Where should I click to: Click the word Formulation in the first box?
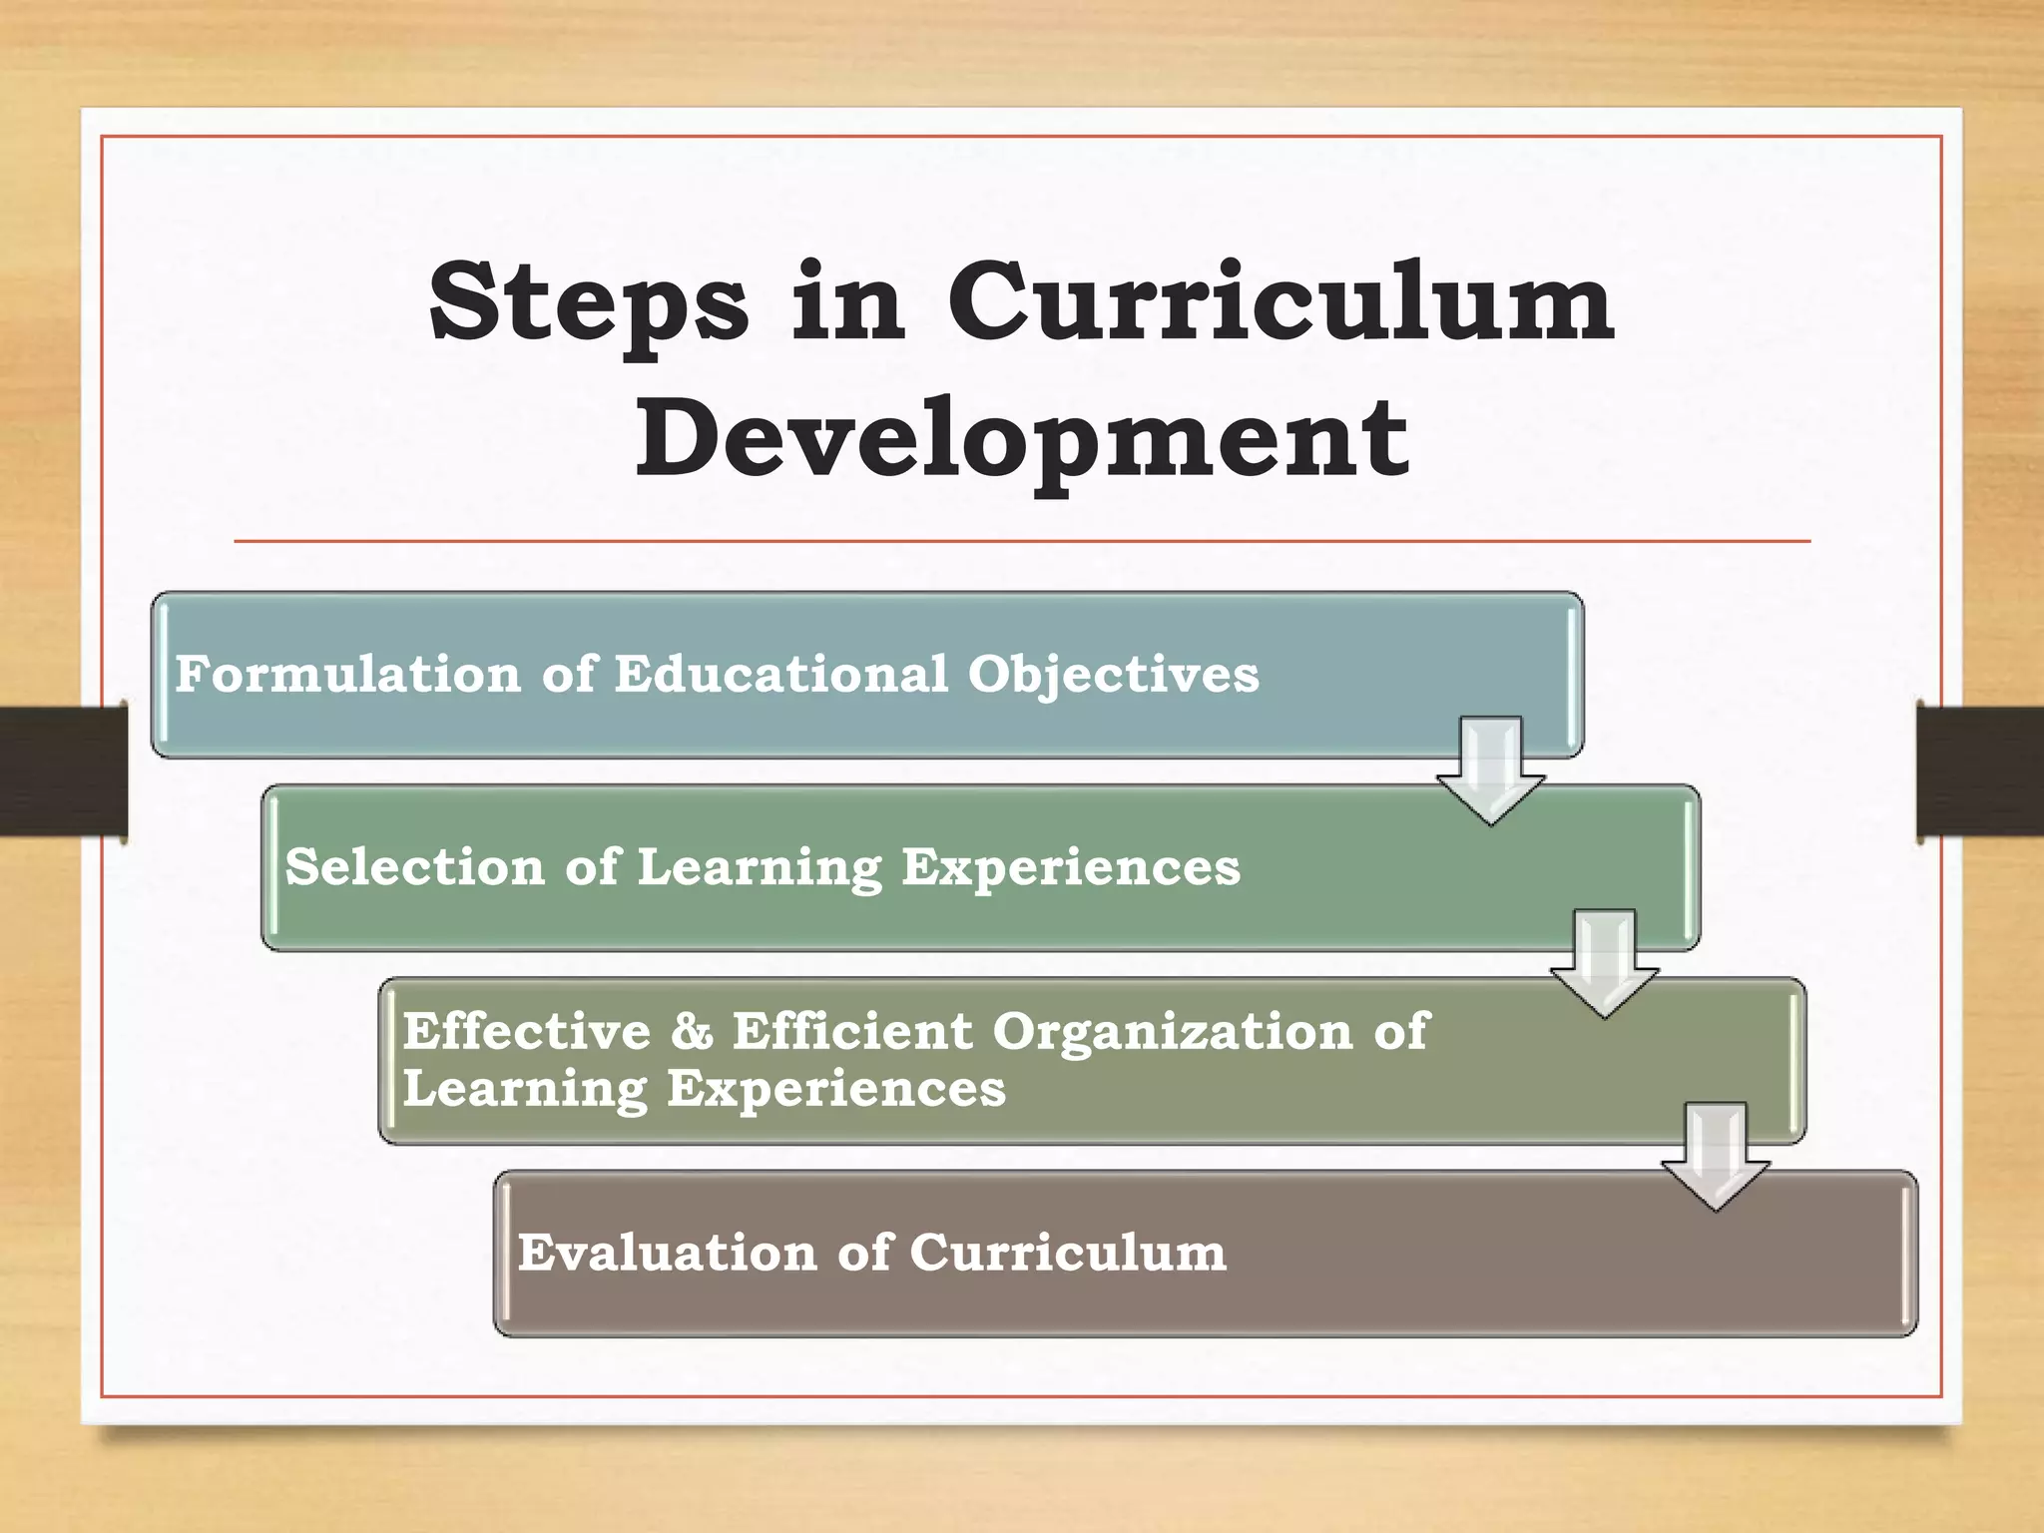[347, 674]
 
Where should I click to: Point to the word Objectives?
[1113, 675]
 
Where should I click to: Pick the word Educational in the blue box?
[780, 674]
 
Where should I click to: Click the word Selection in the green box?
[414, 866]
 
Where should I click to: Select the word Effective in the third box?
[526, 1031]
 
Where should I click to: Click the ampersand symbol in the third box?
[692, 1031]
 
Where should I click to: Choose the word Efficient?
[852, 1031]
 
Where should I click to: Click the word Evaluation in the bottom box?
[667, 1253]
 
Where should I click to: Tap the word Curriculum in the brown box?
[1067, 1253]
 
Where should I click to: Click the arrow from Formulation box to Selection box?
[1491, 769]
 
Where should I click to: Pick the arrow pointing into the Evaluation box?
[1716, 1156]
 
